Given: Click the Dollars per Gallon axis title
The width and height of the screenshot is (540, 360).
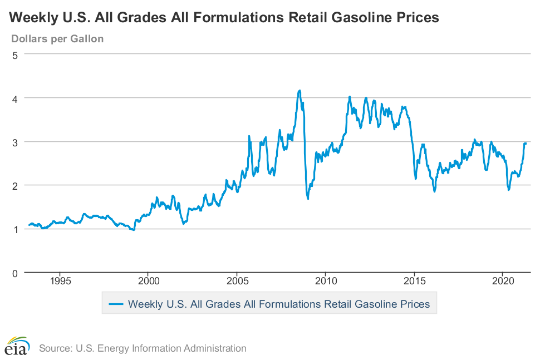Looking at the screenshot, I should click(x=57, y=39).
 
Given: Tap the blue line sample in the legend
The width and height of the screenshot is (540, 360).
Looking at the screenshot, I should click(x=115, y=304).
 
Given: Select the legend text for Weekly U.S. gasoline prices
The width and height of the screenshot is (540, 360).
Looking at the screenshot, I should click(x=278, y=304).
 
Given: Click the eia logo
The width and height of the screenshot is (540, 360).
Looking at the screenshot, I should click(x=17, y=347).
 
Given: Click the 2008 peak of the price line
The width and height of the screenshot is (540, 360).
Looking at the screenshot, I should click(x=300, y=90).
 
